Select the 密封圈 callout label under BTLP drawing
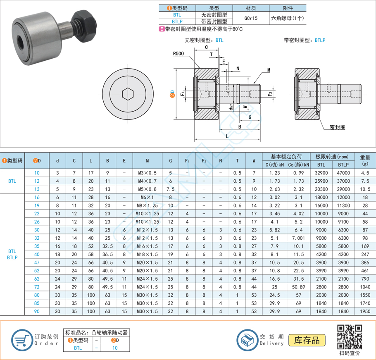[x=337, y=127]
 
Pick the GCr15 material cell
[x=251, y=18]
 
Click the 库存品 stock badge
[x=307, y=340]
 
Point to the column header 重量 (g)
[x=365, y=160]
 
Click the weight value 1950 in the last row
[x=365, y=311]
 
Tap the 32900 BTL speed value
[x=321, y=173]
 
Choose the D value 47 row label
[x=37, y=262]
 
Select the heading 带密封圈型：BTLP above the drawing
[x=305, y=41]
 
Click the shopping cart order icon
[x=21, y=340]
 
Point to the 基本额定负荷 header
[x=287, y=157]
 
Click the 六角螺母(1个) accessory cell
[x=288, y=18]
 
